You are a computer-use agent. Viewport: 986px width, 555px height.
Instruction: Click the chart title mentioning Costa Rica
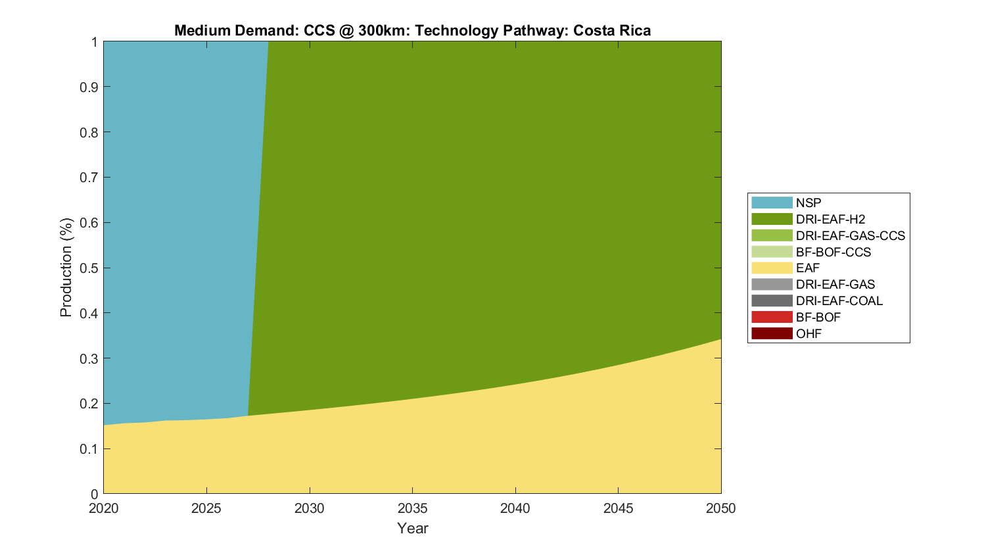click(412, 31)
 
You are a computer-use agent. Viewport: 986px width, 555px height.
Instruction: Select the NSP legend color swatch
click(772, 203)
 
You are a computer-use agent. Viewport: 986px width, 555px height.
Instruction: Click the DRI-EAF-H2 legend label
click(830, 219)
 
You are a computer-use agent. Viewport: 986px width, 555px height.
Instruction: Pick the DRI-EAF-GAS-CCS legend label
click(850, 235)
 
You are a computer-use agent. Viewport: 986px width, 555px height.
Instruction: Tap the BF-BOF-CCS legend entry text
click(833, 252)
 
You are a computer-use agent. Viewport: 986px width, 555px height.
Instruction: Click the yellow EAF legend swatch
click(772, 268)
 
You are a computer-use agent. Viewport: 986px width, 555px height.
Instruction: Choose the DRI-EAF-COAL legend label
click(839, 301)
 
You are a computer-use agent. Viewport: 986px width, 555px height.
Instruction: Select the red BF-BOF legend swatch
click(772, 317)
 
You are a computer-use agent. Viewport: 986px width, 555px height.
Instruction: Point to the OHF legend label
click(809, 333)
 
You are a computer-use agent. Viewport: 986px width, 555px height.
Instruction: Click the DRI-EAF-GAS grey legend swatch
click(772, 284)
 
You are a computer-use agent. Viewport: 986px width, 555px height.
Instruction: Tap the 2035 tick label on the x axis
click(412, 508)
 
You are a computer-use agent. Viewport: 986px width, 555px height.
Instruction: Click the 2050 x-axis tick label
click(721, 508)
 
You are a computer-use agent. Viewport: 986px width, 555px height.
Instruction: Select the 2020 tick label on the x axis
click(103, 508)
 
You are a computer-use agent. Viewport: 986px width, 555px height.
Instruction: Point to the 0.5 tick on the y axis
click(89, 268)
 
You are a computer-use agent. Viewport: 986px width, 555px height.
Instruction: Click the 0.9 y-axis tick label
click(89, 87)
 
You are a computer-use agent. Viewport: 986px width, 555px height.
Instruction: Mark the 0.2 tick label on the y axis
click(89, 404)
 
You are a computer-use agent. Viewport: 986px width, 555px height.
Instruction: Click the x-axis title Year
click(412, 528)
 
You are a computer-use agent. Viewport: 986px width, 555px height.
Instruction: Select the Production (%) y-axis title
click(66, 268)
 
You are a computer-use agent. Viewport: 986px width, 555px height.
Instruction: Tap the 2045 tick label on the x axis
click(618, 508)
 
